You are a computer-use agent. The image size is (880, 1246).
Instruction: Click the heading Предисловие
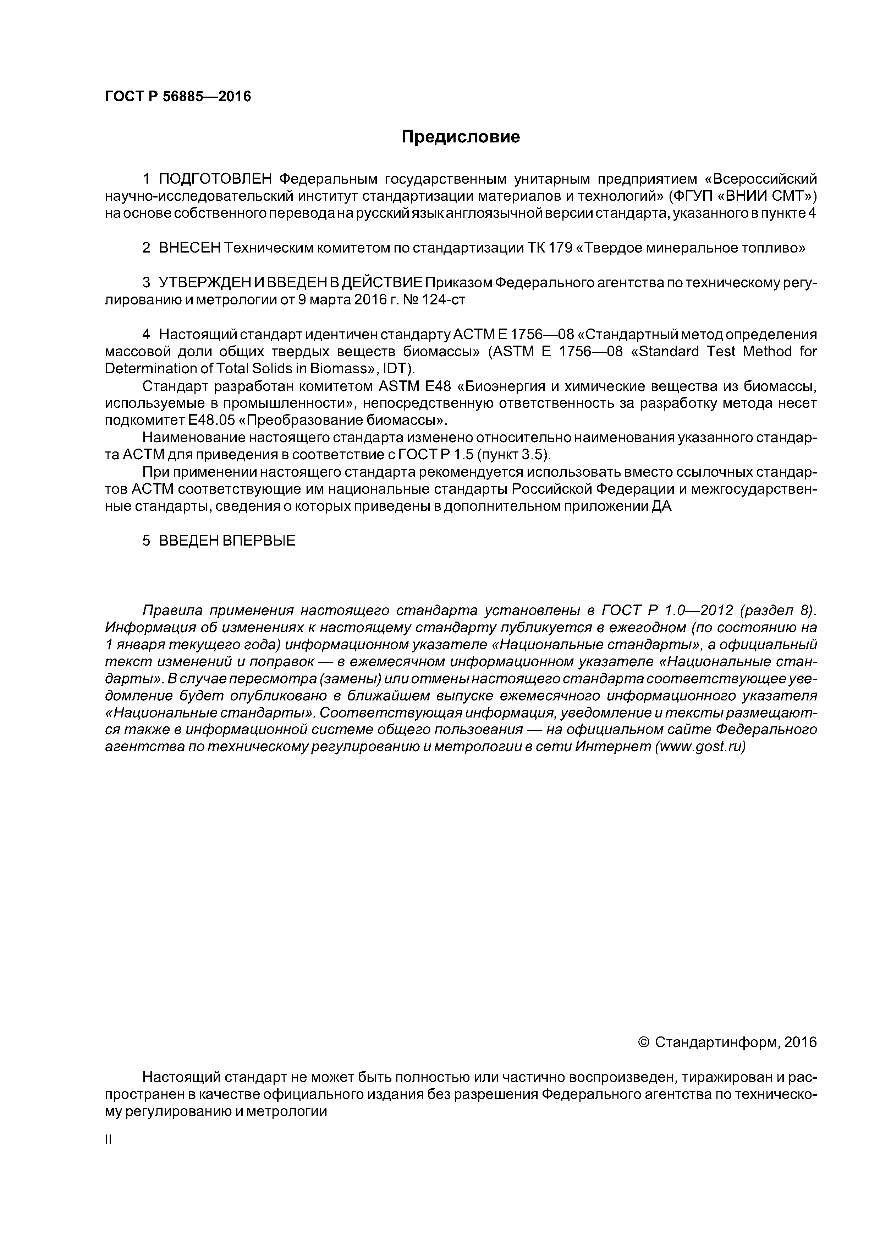pos(460,137)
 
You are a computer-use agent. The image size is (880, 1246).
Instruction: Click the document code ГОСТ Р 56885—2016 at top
pos(178,97)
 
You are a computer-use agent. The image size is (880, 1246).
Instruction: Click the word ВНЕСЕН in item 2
pos(190,248)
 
